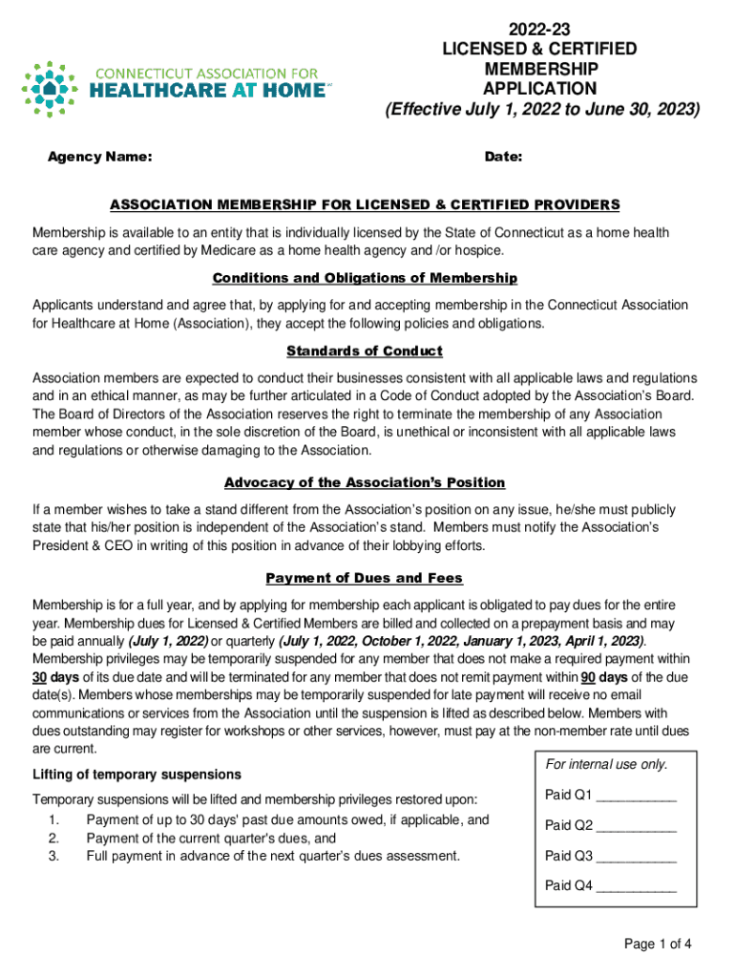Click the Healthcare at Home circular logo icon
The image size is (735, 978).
tap(49, 89)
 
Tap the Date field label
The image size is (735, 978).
tap(503, 157)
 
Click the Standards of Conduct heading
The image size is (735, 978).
tap(365, 351)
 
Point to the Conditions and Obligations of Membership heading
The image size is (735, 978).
tap(365, 278)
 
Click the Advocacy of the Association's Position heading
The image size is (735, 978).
tap(365, 482)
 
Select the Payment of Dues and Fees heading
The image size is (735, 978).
tap(365, 578)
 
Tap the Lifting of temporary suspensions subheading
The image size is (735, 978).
tap(136, 774)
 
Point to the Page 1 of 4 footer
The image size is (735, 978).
tap(657, 945)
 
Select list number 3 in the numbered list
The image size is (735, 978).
tap(53, 856)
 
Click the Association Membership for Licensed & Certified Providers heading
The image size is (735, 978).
tap(365, 205)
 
